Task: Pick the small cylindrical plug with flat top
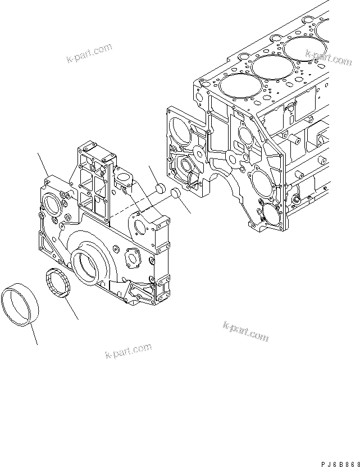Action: point(159,187)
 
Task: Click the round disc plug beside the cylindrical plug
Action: point(175,194)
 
